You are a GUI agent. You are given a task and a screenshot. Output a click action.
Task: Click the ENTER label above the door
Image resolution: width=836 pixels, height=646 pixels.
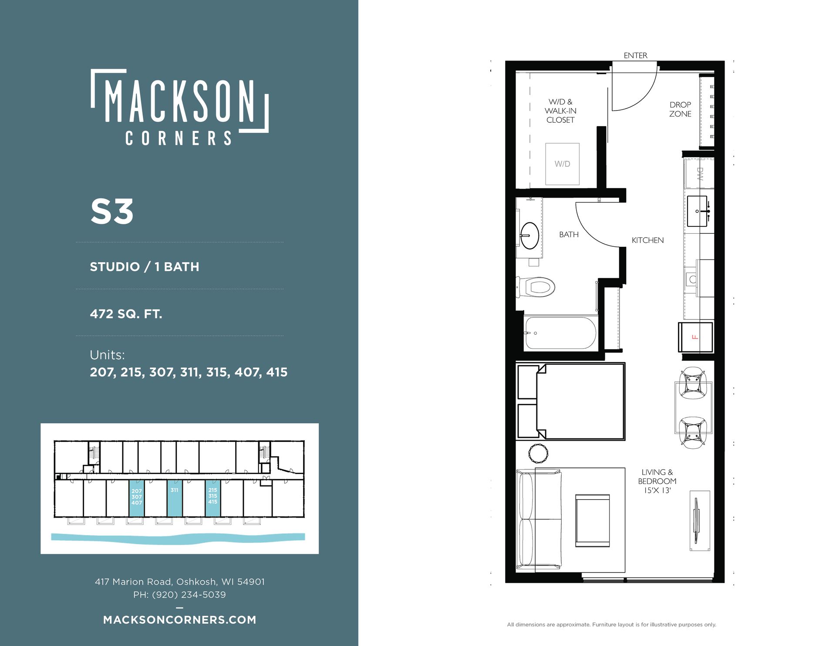635,56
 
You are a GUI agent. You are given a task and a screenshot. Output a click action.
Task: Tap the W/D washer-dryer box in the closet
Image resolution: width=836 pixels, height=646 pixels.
563,164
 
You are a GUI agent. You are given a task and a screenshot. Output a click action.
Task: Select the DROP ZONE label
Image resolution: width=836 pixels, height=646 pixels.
680,109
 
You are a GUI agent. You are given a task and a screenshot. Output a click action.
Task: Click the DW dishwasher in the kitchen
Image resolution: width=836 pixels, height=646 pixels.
699,174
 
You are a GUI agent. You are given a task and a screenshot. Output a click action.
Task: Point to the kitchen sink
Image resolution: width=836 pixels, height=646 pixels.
697,211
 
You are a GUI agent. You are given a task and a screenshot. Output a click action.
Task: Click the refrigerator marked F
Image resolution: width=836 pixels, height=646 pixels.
695,337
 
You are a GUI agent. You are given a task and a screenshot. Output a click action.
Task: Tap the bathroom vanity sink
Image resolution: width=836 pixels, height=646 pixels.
529,236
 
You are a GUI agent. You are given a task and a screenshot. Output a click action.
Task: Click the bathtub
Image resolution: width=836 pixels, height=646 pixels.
560,333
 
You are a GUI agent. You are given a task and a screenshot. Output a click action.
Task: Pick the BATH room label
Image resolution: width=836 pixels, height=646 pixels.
569,235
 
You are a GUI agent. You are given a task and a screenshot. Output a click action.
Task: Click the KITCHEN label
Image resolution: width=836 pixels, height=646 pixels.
647,240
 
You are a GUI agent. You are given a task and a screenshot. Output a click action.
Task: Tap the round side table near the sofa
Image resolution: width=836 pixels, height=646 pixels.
539,454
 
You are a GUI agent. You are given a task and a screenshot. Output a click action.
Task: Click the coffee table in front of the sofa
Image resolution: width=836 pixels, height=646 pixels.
592,521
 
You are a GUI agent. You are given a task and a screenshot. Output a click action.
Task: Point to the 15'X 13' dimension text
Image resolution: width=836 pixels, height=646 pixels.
657,491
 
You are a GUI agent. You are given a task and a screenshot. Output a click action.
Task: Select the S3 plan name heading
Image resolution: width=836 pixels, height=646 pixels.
112,212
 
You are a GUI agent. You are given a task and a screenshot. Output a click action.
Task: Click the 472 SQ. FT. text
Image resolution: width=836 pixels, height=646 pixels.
126,314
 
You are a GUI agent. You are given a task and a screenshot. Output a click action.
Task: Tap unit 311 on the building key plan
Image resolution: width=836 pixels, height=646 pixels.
175,498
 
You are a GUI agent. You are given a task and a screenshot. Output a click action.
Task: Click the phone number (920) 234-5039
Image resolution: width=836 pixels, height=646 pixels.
189,595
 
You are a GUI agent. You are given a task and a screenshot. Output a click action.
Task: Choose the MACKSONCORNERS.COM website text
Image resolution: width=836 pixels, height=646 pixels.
180,620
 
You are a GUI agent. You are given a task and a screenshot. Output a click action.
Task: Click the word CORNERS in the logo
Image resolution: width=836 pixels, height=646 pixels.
179,138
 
